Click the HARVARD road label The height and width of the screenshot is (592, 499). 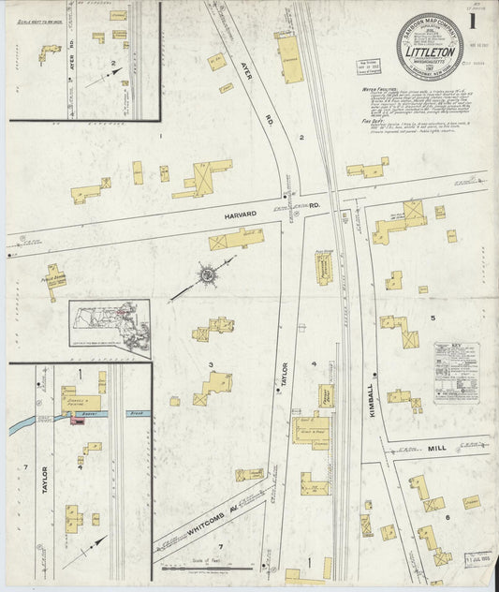pyautogui.click(x=240, y=215)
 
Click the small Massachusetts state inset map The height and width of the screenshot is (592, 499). pyautogui.click(x=109, y=328)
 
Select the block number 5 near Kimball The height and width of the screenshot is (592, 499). pyautogui.click(x=433, y=319)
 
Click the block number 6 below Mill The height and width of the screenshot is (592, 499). pyautogui.click(x=448, y=516)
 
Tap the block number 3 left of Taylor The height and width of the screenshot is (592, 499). pyautogui.click(x=211, y=364)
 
